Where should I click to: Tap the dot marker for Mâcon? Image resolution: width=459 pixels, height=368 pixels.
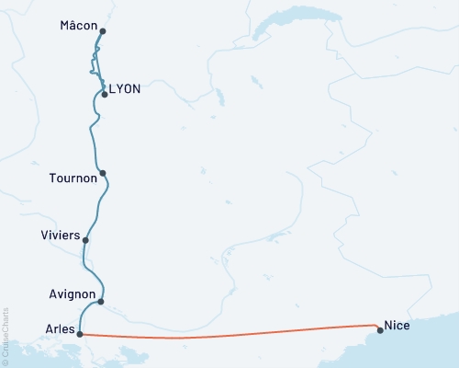tap(102, 31)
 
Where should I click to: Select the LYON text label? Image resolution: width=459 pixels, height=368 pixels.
tap(125, 89)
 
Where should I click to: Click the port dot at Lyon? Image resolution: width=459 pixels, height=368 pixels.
tap(105, 94)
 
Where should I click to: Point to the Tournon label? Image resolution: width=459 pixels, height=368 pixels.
tap(73, 178)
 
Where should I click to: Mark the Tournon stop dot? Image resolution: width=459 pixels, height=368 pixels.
tap(103, 173)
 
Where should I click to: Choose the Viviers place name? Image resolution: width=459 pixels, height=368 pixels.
tap(61, 236)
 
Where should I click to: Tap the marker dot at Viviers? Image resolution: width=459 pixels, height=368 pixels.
tap(85, 241)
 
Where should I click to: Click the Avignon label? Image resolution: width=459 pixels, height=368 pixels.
tap(71, 294)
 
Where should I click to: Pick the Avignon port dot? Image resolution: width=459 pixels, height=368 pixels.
tap(100, 301)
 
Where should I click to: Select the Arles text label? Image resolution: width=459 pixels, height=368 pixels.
tap(60, 328)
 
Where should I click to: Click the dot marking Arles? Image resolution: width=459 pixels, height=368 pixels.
tap(81, 334)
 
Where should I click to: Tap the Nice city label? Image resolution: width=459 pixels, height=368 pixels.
tap(397, 325)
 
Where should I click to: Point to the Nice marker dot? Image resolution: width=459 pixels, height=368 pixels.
tap(379, 329)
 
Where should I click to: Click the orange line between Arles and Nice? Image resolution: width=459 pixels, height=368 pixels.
tap(229, 338)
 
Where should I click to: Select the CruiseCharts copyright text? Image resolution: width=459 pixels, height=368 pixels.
tap(6, 337)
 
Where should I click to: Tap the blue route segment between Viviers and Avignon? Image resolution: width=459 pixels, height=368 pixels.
tap(89, 271)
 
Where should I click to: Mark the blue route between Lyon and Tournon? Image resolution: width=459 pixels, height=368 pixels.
tap(93, 133)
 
